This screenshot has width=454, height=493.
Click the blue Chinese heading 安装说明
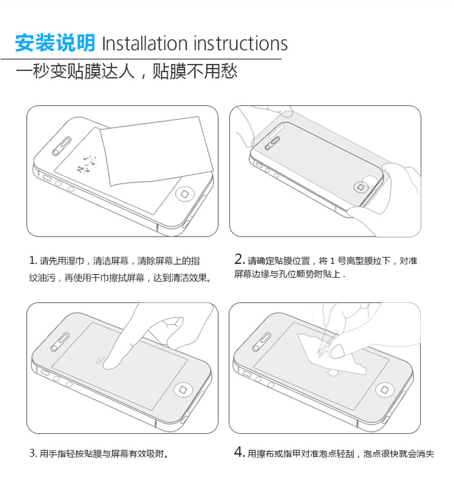[x=55, y=43]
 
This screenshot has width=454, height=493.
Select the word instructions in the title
[x=240, y=44]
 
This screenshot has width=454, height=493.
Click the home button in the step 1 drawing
[x=184, y=194]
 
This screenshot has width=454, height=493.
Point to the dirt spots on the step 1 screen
[x=87, y=164]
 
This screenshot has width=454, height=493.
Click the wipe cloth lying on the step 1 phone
[x=157, y=150]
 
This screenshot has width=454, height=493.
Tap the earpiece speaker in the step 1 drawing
[x=62, y=146]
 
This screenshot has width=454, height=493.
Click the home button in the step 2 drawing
[x=361, y=187]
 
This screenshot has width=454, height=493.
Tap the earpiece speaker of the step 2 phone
[x=272, y=143]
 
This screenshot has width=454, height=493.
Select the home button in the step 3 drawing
[x=183, y=390]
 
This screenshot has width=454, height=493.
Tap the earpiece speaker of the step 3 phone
[x=60, y=342]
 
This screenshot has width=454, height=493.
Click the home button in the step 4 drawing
[x=384, y=390]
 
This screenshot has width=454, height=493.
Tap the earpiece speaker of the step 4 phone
[x=262, y=342]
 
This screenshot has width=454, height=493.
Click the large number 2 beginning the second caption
[x=239, y=260]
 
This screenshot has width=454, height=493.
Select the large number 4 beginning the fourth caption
[x=239, y=452]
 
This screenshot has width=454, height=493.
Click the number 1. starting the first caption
[x=33, y=261]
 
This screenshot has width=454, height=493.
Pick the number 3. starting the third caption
[x=33, y=454]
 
